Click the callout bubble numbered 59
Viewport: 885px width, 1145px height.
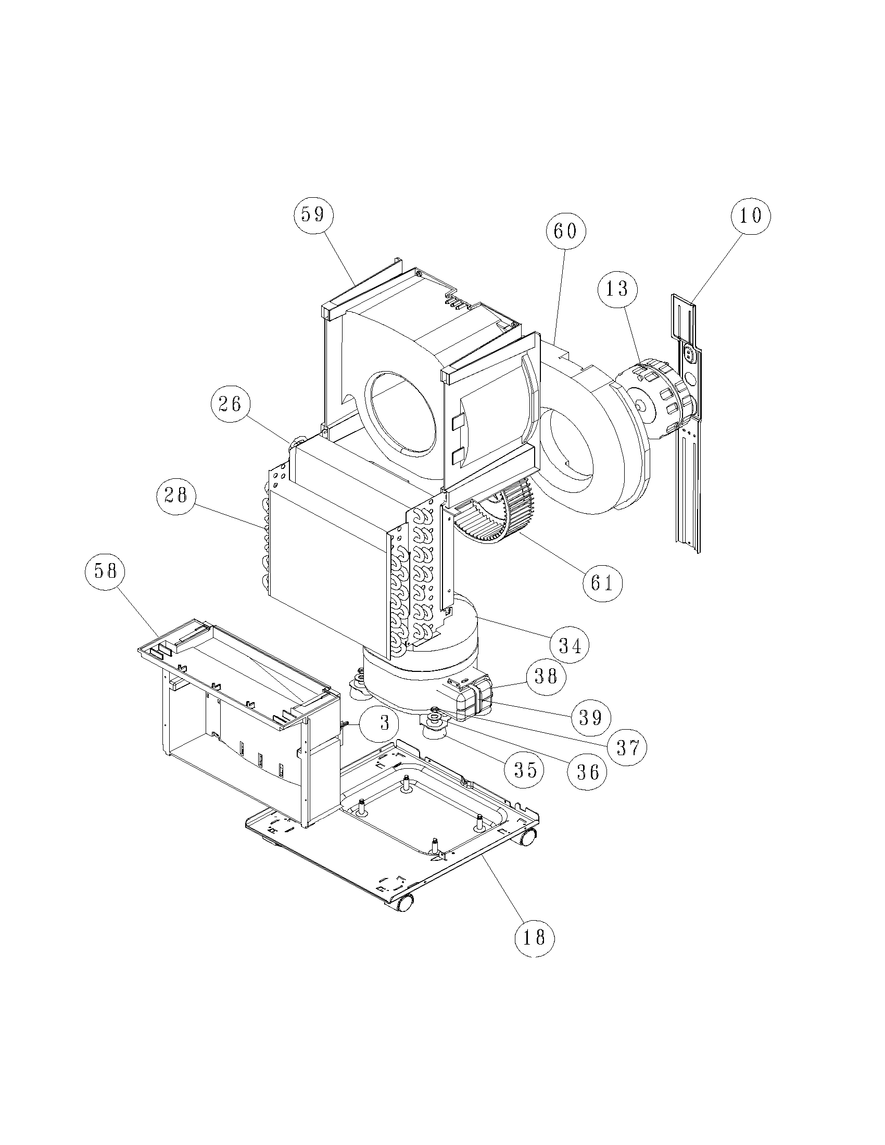tap(313, 214)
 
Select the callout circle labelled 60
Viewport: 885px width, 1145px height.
tap(566, 231)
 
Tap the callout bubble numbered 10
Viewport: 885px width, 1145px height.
tap(751, 215)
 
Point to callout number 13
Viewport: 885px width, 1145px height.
tap(617, 288)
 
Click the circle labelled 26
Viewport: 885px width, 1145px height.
tap(231, 404)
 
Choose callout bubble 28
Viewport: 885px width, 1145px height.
tap(176, 495)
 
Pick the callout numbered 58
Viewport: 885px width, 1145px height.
tap(105, 571)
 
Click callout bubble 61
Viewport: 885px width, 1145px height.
tap(602, 582)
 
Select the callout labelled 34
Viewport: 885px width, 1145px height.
tap(570, 646)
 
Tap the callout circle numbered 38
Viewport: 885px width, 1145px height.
tap(546, 676)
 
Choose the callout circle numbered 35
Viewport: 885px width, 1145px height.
tap(525, 770)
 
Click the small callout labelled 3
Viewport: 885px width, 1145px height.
tap(384, 723)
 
